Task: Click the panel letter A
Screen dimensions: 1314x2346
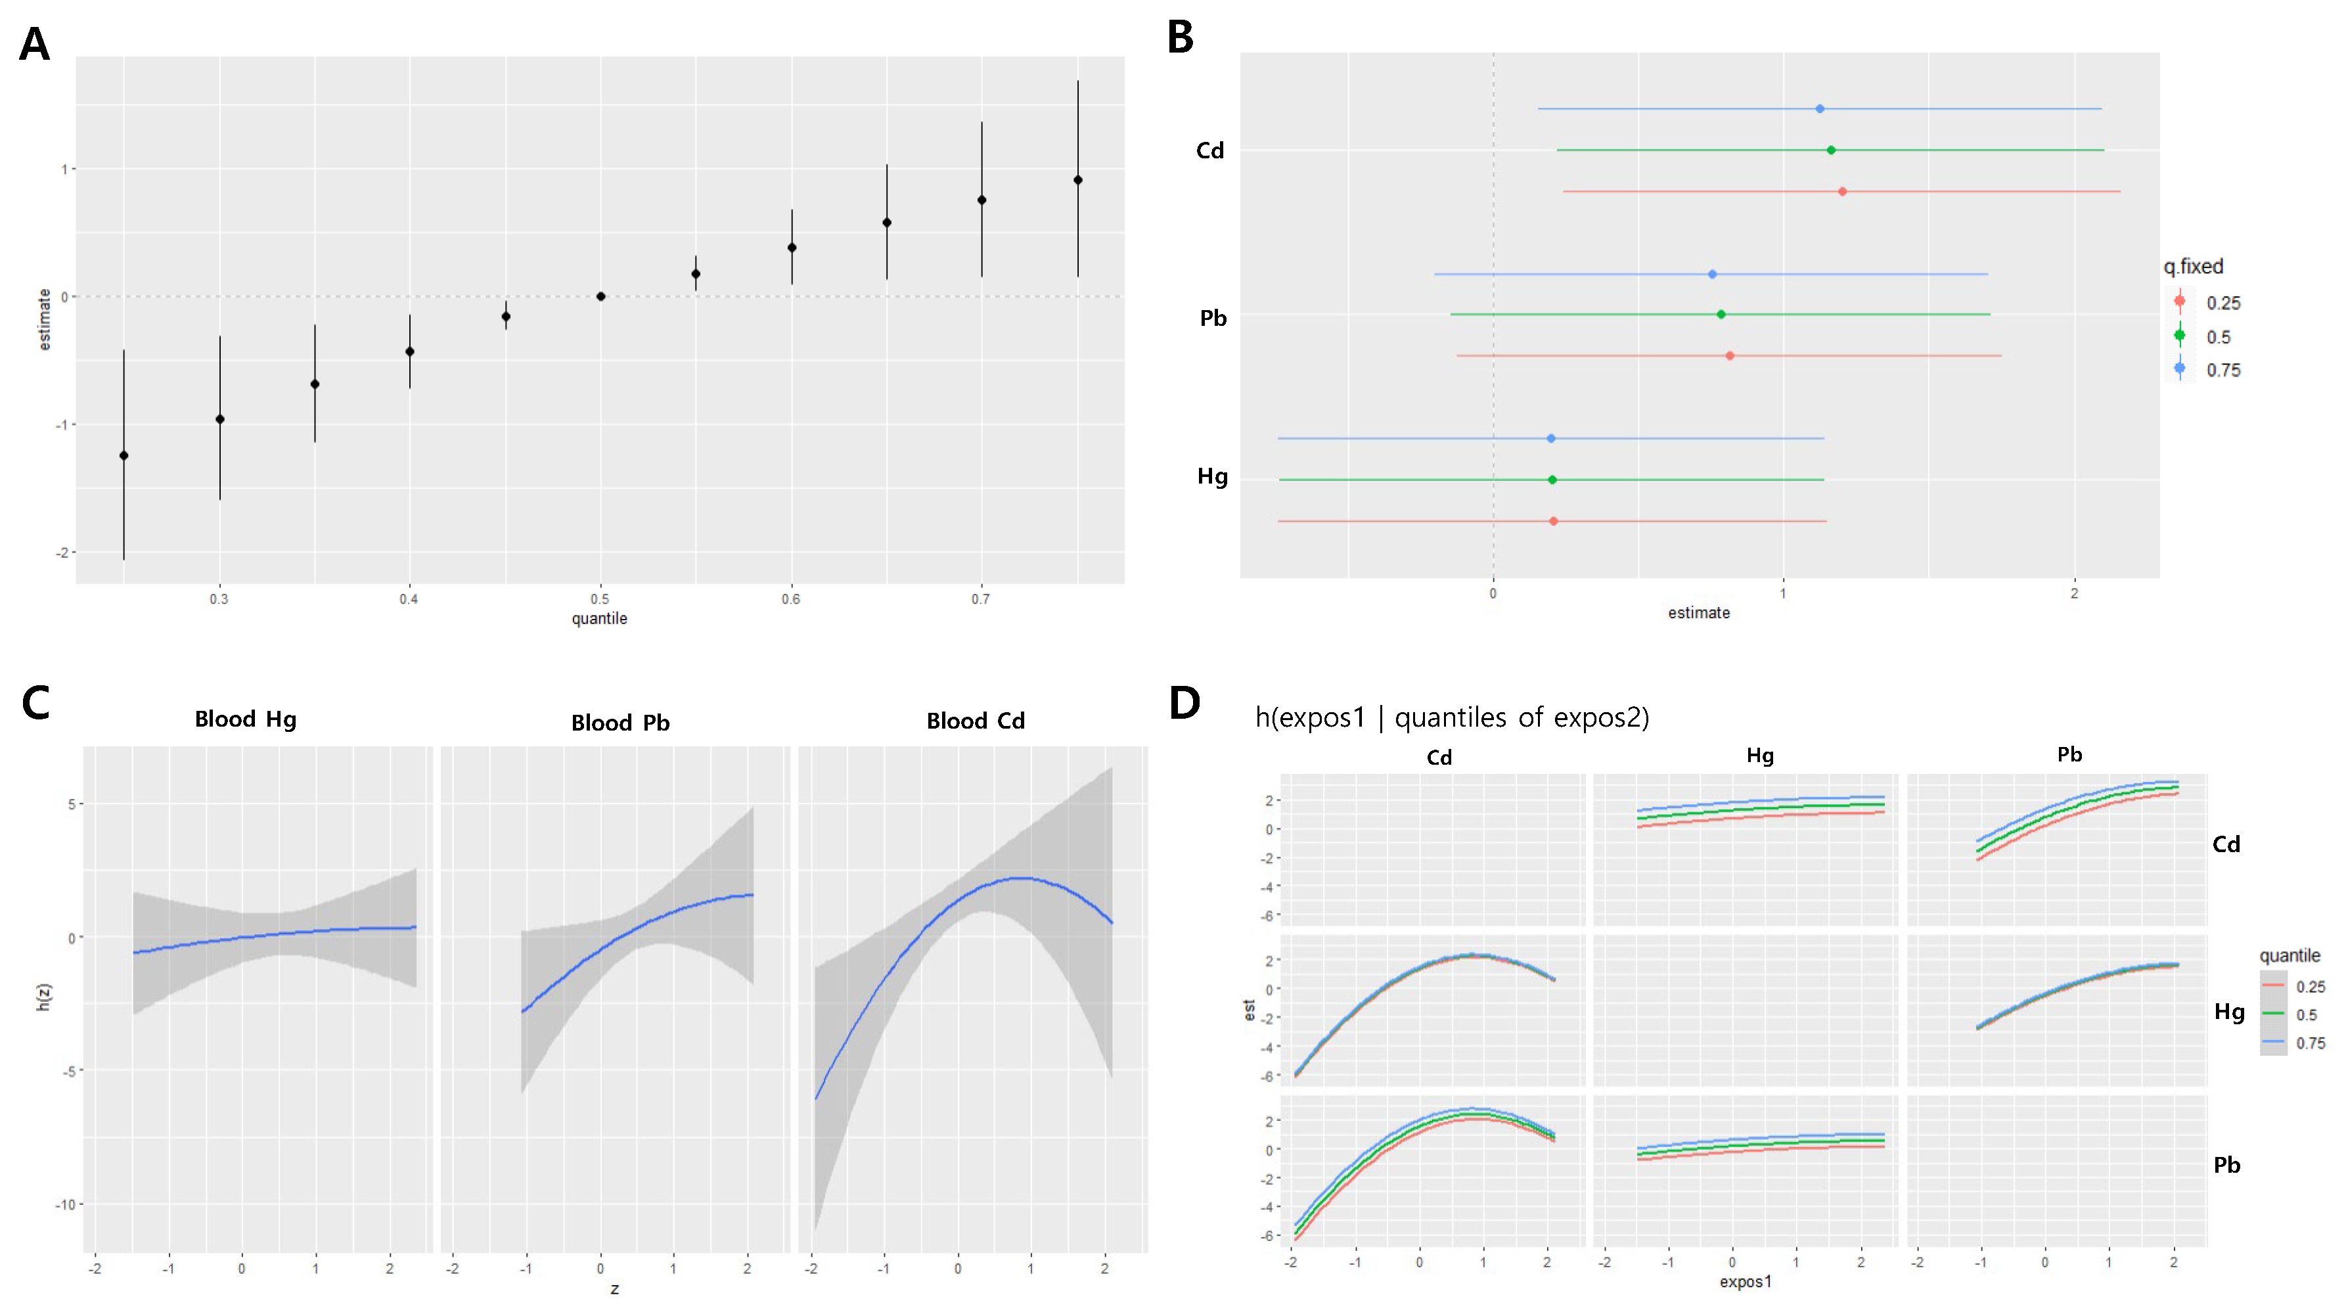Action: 35,44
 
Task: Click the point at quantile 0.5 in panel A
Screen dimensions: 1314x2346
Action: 600,296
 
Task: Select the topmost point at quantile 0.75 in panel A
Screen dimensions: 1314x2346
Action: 1077,180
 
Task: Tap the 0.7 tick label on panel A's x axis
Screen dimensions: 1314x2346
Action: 980,599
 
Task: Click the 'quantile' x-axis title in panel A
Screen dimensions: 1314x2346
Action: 599,618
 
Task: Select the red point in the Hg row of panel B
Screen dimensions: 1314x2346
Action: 1554,521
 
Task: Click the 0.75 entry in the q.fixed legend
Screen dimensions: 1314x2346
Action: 2222,370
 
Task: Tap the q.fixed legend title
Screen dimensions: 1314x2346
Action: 2193,267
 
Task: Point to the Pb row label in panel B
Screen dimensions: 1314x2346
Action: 1213,318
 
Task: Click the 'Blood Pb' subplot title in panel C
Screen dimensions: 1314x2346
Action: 620,722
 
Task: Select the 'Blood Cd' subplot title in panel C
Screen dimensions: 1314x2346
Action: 976,720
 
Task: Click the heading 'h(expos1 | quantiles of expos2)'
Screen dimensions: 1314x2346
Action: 1452,717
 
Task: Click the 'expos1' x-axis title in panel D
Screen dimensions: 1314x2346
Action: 1745,1281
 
